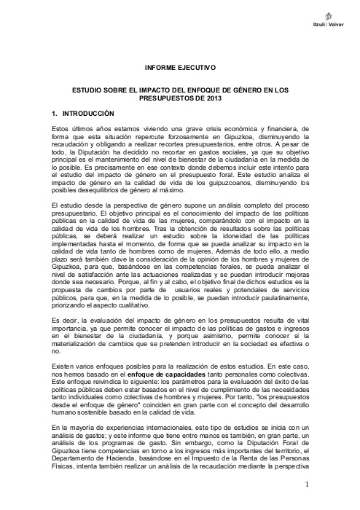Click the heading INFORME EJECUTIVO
click(180, 67)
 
